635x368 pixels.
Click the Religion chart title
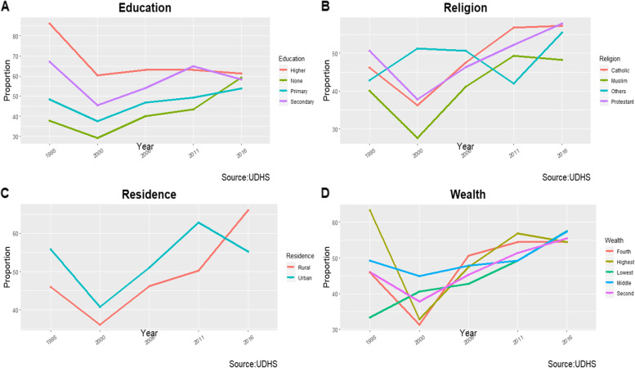[x=462, y=8]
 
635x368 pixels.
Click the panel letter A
[x=7, y=7]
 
